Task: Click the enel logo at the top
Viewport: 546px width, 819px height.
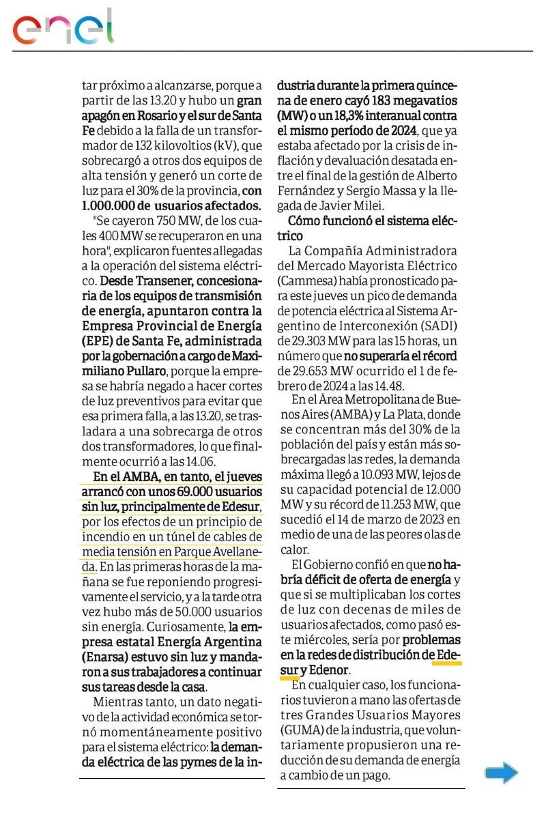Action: click(63, 27)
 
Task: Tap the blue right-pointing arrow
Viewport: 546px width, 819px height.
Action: click(502, 773)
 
